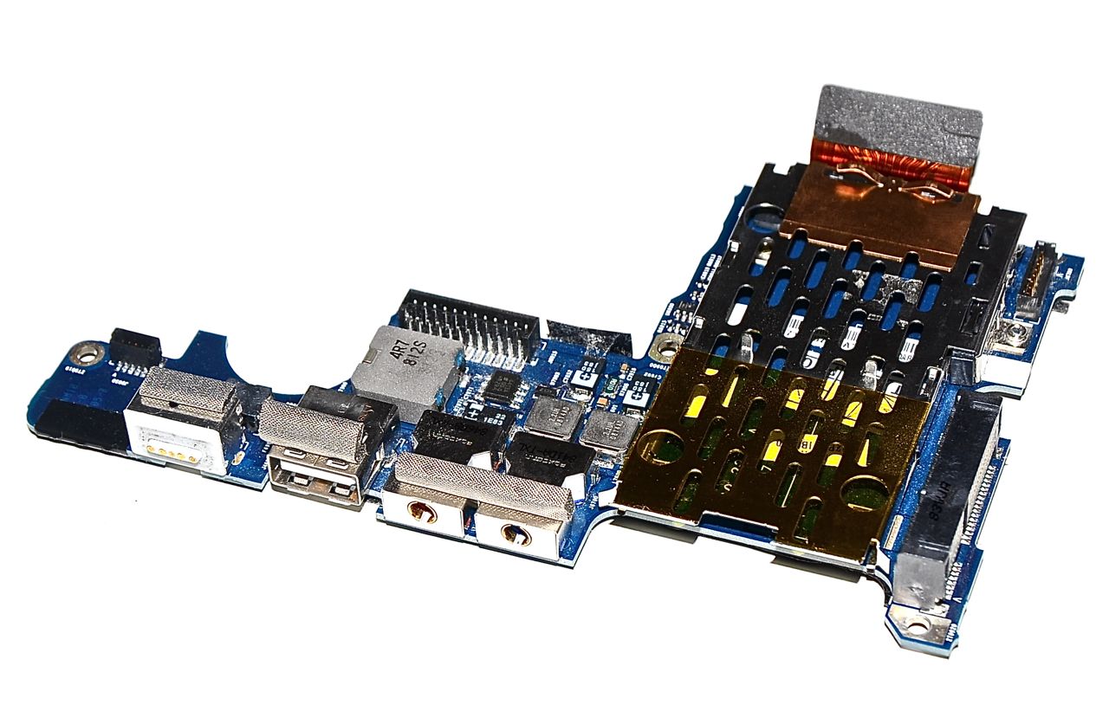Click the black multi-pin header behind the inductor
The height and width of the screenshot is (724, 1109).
click(x=469, y=325)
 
